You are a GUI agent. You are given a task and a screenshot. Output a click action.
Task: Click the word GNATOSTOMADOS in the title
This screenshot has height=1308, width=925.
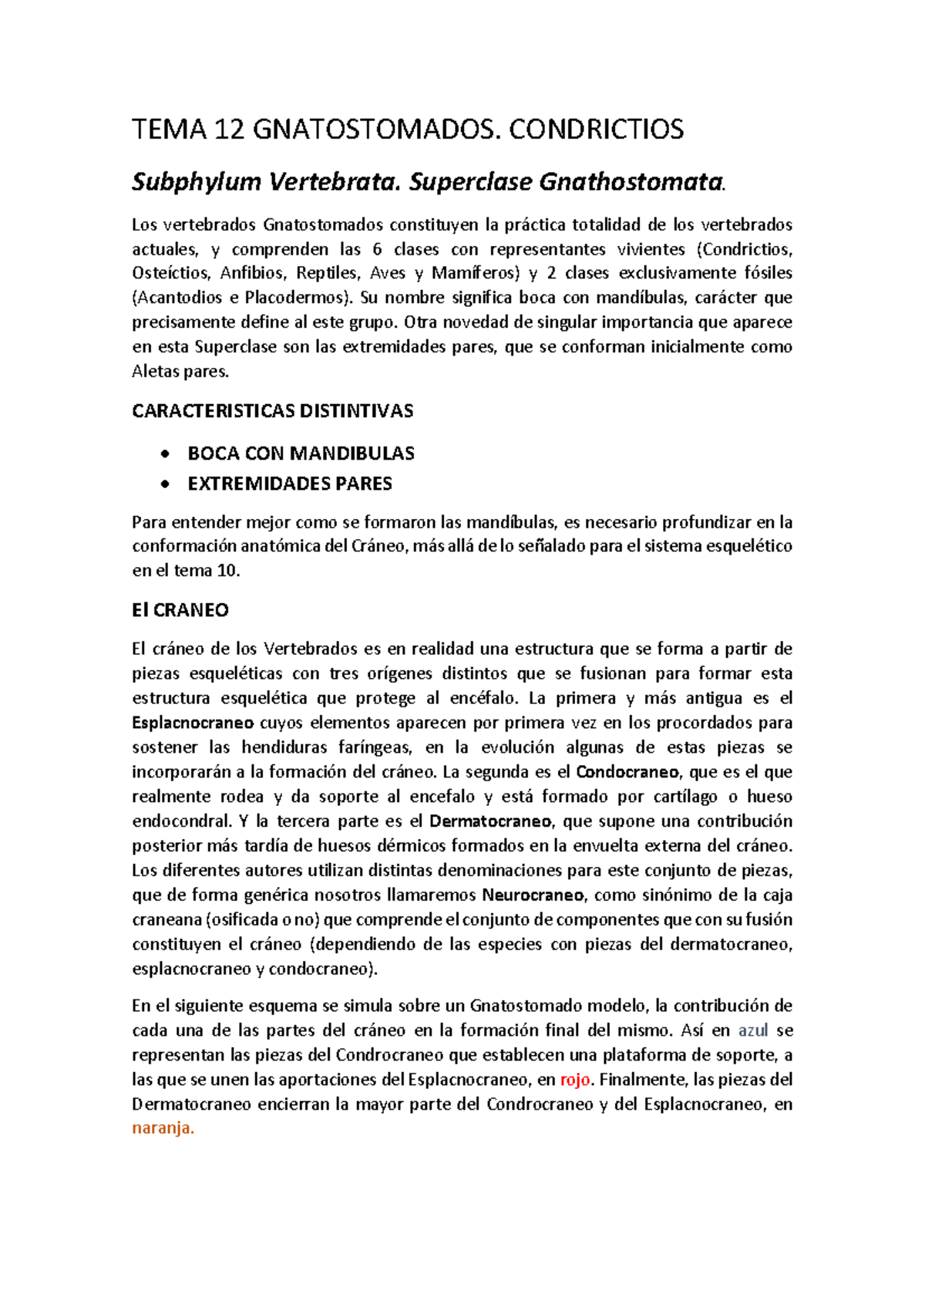(372, 130)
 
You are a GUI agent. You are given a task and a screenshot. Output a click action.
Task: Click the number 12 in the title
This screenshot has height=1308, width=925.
(230, 130)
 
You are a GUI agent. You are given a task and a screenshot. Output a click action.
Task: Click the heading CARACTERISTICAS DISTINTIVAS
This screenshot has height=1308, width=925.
(272, 411)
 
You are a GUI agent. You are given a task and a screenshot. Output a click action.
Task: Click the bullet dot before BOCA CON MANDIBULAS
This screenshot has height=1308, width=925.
(164, 454)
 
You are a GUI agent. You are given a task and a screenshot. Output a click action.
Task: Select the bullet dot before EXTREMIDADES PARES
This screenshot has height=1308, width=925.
(164, 484)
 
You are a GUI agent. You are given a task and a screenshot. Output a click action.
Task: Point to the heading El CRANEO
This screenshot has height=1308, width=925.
(180, 610)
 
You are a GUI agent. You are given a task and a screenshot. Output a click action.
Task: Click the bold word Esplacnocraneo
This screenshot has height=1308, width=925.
(193, 723)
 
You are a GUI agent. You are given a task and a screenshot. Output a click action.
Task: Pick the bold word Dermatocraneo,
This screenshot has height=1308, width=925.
(490, 821)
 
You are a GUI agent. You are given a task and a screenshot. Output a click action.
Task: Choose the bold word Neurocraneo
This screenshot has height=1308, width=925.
(533, 895)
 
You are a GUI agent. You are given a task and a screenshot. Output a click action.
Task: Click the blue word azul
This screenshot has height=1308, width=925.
(752, 1031)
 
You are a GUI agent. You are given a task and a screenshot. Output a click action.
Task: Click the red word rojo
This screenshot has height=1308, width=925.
(574, 1080)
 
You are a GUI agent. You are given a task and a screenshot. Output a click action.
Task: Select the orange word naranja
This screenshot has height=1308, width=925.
(163, 1128)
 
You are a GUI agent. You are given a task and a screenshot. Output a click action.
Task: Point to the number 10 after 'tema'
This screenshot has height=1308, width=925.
(228, 571)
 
